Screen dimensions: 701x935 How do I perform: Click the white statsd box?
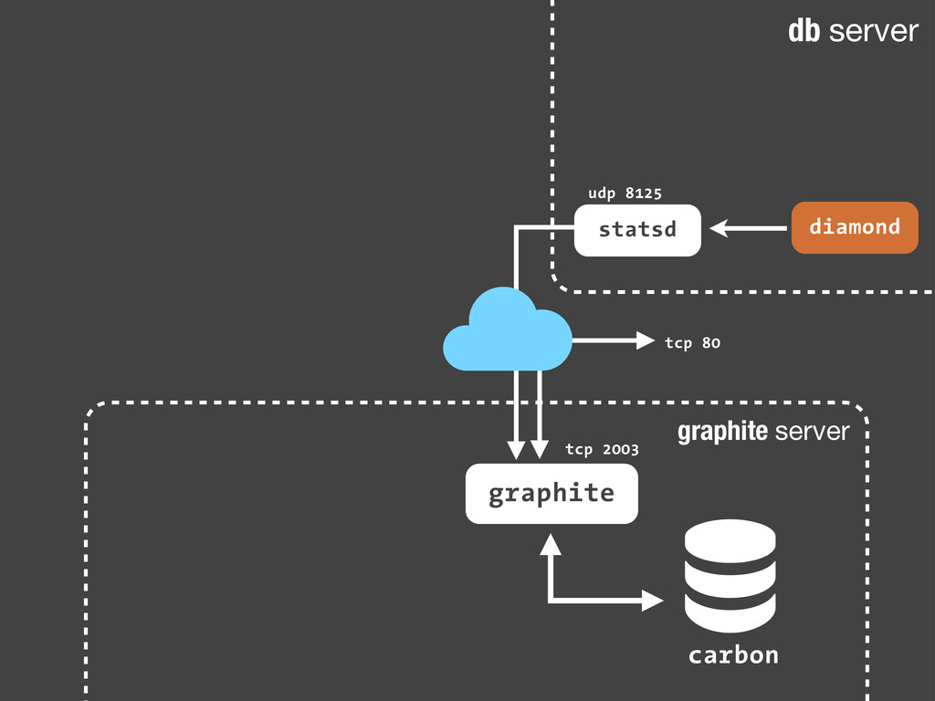pyautogui.click(x=637, y=229)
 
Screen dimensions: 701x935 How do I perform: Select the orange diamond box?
pyautogui.click(x=854, y=227)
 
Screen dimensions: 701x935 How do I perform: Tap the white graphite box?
pyautogui.click(x=552, y=494)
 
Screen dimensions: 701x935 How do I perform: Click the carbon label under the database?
pyautogui.click(x=733, y=655)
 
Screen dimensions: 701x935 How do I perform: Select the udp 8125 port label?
pyautogui.click(x=625, y=193)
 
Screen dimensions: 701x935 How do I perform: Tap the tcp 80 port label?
pyautogui.click(x=692, y=342)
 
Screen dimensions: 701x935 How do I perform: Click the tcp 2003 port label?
pyautogui.click(x=602, y=449)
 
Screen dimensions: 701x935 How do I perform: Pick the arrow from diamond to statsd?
pyautogui.click(x=749, y=228)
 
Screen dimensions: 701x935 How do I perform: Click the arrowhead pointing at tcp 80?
pyautogui.click(x=646, y=341)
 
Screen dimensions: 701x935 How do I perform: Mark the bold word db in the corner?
pyautogui.click(x=804, y=32)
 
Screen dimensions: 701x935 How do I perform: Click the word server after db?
pyautogui.click(x=874, y=32)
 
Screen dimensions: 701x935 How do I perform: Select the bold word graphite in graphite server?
pyautogui.click(x=722, y=432)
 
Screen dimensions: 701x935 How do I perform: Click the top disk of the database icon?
pyautogui.click(x=730, y=539)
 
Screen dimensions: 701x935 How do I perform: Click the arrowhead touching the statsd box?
pyautogui.click(x=720, y=228)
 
